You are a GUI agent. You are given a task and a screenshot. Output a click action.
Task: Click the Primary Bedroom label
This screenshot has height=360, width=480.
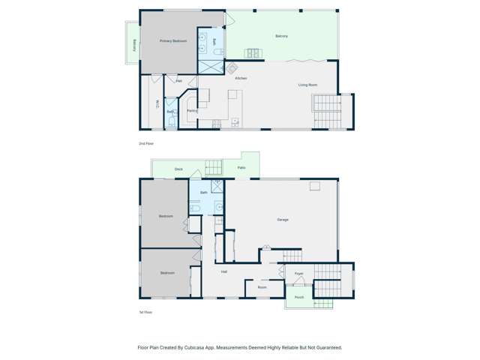173,40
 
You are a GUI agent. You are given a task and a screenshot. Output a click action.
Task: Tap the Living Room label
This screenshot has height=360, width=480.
307,85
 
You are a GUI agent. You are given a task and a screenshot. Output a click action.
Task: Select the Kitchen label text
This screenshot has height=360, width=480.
241,78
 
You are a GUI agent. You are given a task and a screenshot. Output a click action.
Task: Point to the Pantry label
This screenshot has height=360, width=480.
192,111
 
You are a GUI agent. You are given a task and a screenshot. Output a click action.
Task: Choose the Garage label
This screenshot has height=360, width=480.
283,219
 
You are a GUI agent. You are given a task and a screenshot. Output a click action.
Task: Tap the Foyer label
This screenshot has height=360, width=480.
298,274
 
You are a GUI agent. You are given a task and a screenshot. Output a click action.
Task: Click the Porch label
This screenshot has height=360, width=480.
298,298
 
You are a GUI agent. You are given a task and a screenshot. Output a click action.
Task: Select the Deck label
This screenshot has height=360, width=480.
178,169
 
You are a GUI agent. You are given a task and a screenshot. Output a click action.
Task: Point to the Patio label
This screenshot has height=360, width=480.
241,167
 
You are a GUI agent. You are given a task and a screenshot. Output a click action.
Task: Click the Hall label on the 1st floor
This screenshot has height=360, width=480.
223,271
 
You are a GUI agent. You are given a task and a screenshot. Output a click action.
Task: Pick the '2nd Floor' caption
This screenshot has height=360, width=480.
145,142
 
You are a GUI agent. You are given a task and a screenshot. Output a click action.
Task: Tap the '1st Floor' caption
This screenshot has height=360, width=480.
145,311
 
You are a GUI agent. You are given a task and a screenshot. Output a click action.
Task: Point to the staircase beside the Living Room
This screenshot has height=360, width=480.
327,111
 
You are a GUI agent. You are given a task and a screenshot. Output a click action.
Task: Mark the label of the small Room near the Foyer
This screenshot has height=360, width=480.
262,287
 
